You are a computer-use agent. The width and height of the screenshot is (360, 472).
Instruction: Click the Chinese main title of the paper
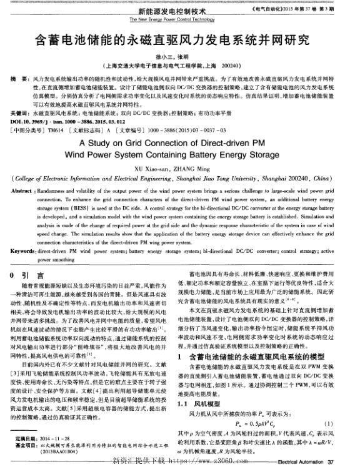[x=179, y=42]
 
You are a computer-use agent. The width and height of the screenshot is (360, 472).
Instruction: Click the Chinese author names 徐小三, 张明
[x=180, y=56]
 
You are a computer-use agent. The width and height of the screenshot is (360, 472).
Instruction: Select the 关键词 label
[x=21, y=114]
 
